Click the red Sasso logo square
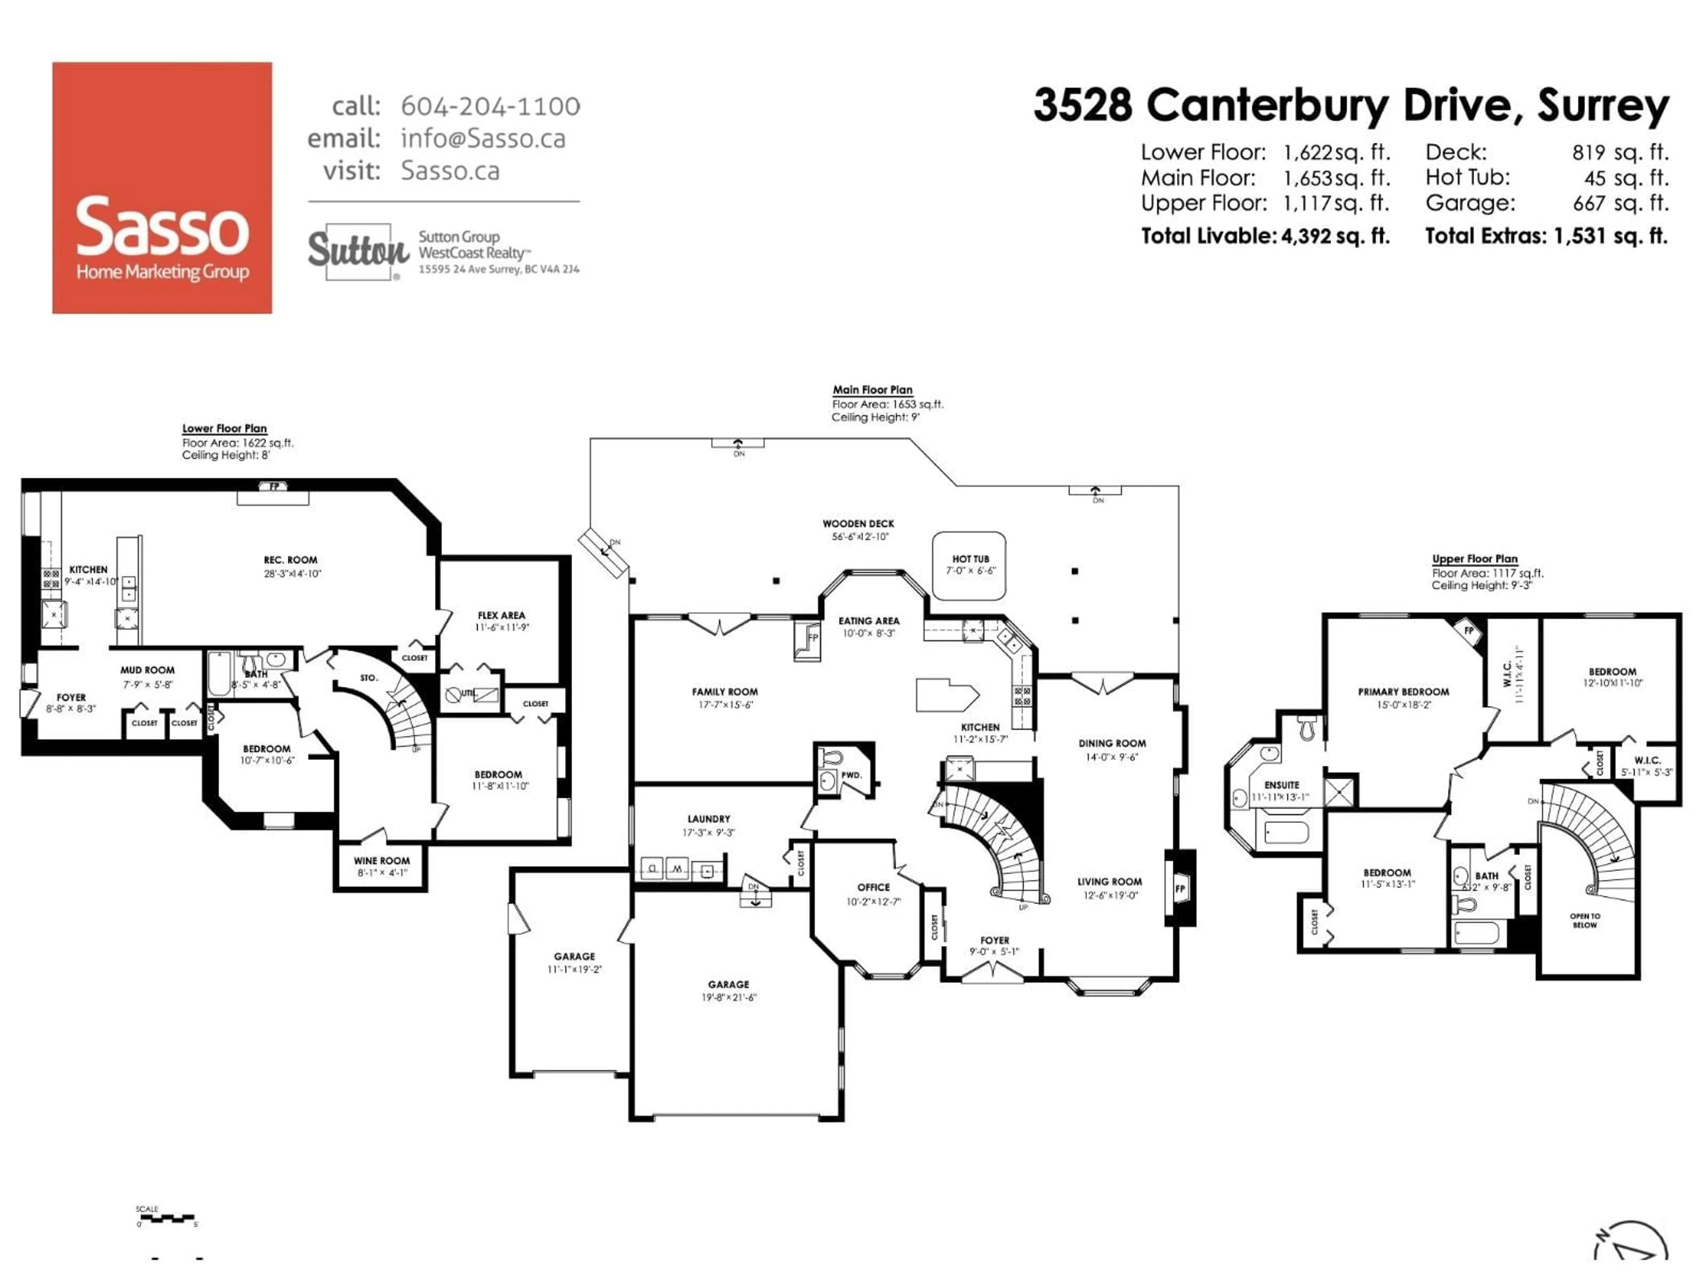162,188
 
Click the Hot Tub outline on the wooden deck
969,565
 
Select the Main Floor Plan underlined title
872,390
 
